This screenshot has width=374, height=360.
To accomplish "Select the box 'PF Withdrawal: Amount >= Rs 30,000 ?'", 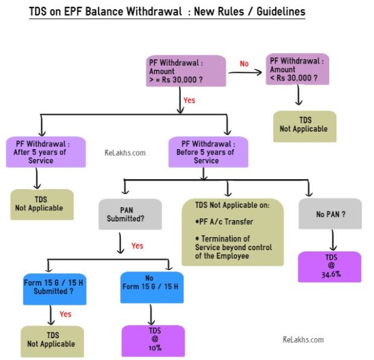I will pos(186,72).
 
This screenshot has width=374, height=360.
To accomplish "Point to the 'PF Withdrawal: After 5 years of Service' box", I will pos(46,152).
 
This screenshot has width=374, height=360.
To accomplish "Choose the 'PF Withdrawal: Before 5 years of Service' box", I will pos(208,152).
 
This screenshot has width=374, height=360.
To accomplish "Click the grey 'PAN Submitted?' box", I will pos(130,214).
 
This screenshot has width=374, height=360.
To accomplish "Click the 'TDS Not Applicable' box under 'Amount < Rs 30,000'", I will pos(304,126).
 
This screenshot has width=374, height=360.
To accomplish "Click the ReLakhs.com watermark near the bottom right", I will pos(303,339).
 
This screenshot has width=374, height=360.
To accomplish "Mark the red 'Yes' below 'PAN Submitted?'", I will pos(137,246).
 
